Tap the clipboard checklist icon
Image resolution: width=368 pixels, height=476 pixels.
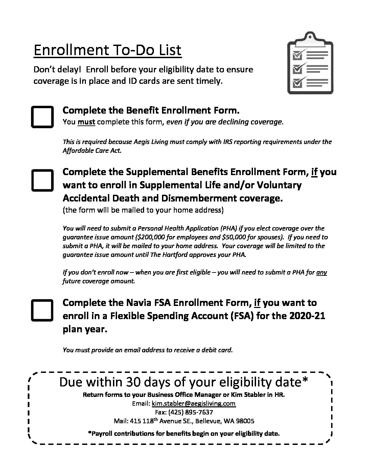(310, 64)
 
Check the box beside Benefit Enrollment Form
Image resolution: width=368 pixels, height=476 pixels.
(42, 117)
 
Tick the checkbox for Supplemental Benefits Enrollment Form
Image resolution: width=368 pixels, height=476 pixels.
(42, 181)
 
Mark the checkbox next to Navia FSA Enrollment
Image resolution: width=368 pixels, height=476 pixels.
(42, 310)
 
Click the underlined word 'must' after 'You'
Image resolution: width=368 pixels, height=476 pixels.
(86, 122)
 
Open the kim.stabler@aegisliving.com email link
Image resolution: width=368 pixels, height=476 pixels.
(193, 403)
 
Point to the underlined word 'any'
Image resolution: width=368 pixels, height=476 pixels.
(321, 272)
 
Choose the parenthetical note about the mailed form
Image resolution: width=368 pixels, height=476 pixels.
(143, 210)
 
